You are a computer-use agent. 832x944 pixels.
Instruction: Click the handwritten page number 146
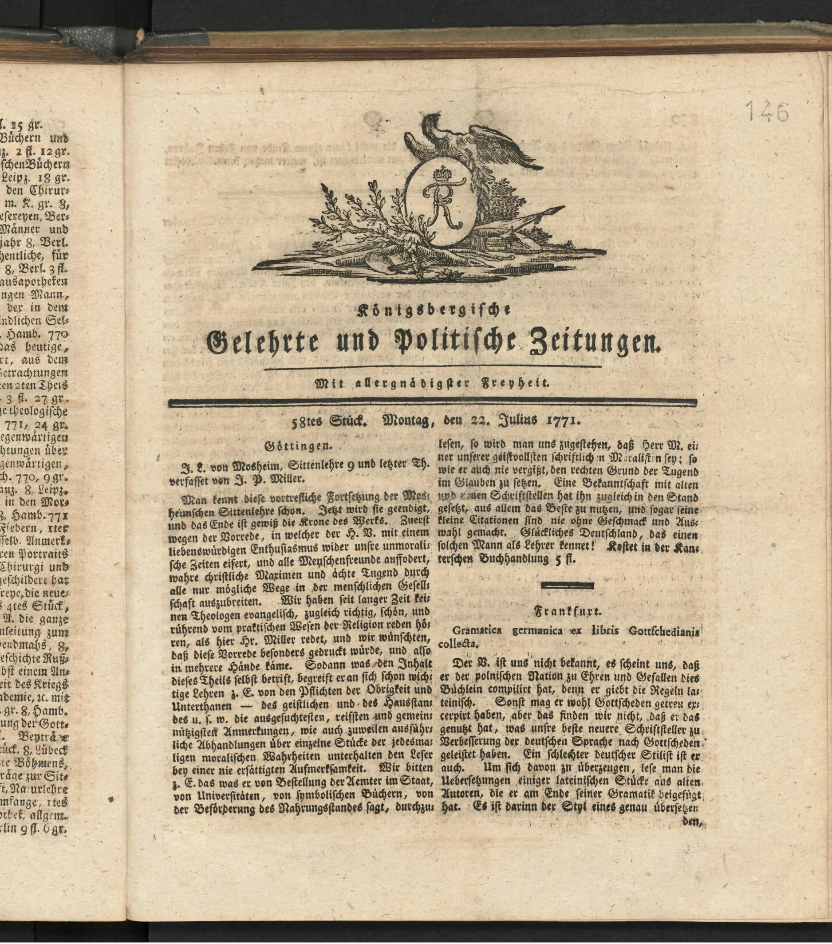(767, 112)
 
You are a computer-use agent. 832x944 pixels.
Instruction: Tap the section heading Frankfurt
(568, 612)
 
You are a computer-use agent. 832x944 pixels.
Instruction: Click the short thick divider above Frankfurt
(568, 586)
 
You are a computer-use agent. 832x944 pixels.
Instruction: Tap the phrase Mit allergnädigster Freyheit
(432, 383)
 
